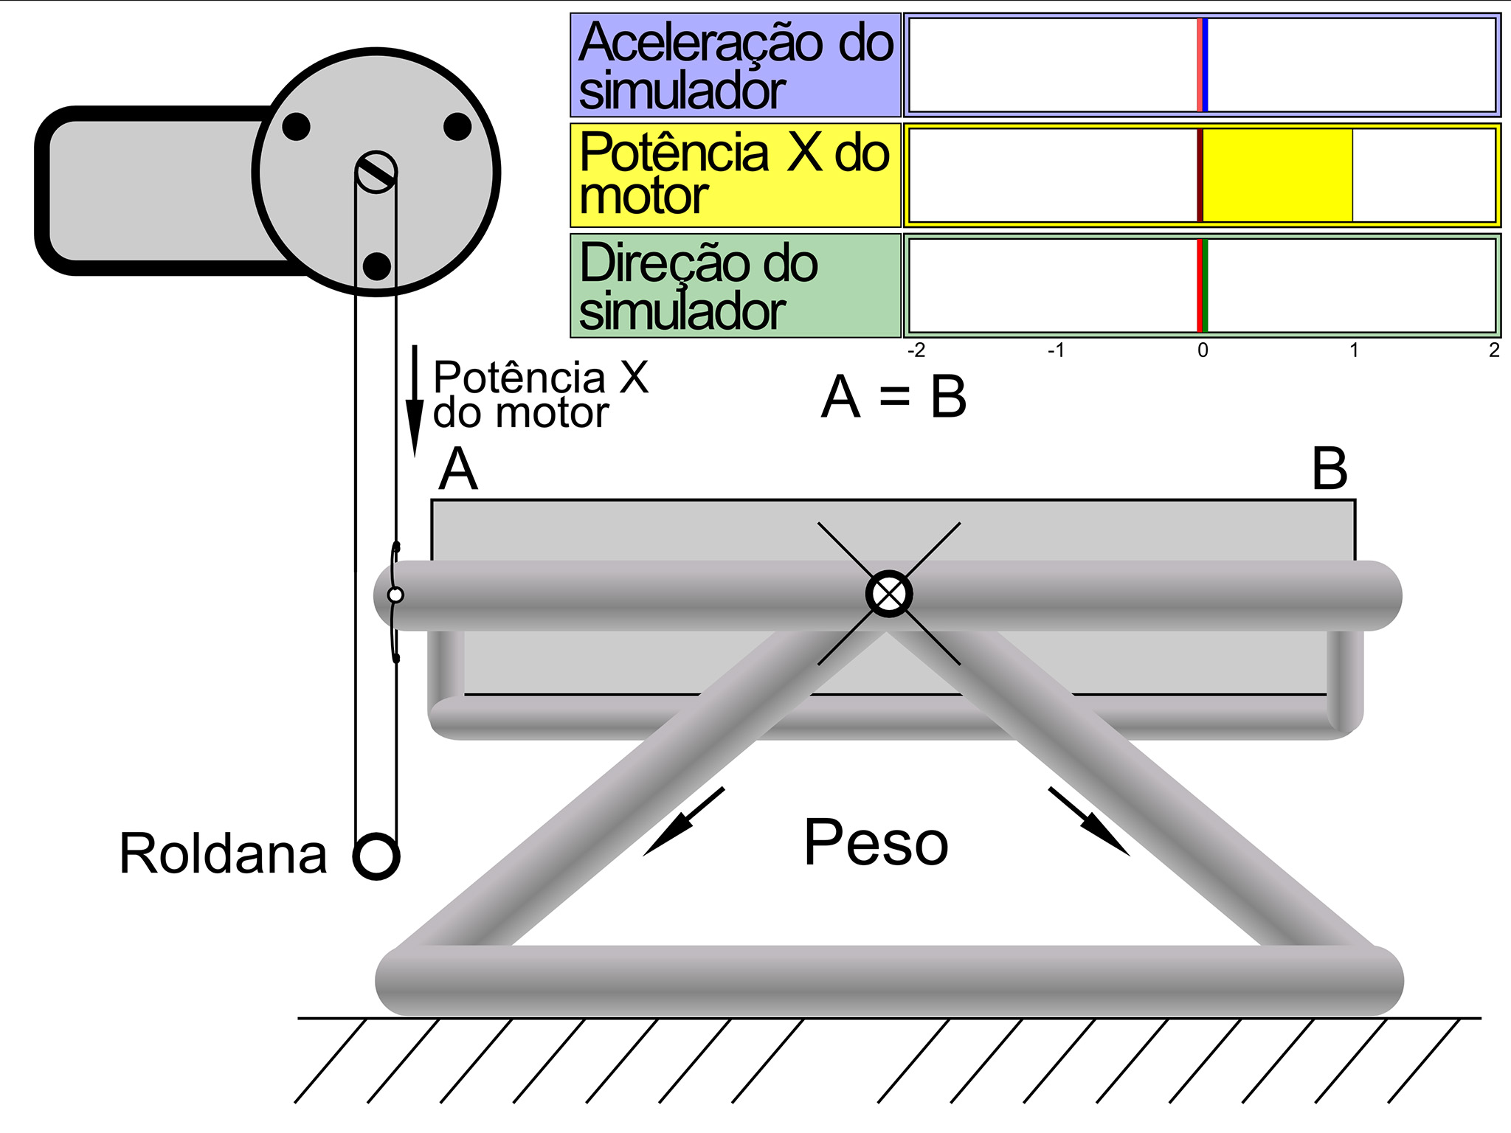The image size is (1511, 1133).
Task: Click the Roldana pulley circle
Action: tap(376, 856)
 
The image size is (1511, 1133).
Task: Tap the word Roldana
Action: tap(223, 854)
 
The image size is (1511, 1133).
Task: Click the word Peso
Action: tap(876, 842)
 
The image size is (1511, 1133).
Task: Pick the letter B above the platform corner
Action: tap(1330, 469)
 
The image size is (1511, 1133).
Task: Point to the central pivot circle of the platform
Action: tap(888, 594)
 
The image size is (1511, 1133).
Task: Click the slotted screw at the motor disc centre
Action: tap(376, 172)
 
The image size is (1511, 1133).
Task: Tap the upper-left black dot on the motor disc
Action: tap(296, 126)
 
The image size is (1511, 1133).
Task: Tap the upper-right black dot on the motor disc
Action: tap(457, 126)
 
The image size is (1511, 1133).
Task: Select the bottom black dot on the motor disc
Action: tap(377, 266)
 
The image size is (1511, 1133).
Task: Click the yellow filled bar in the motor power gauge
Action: tap(1278, 176)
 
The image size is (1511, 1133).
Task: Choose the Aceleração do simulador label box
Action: tap(736, 65)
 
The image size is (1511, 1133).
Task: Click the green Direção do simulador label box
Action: tap(736, 285)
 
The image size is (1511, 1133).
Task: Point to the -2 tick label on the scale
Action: tap(916, 350)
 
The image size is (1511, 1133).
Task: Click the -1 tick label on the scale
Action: tap(1056, 350)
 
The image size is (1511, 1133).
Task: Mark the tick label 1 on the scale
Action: tap(1354, 350)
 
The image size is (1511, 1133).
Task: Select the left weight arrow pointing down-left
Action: tap(683, 822)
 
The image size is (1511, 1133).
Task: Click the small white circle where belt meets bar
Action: tap(395, 595)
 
